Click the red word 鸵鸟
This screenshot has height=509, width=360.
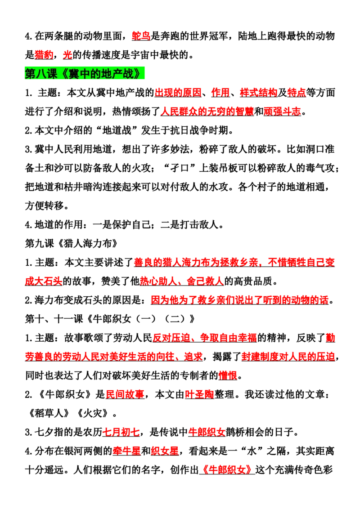point(141,36)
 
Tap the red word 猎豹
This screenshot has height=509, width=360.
point(44,55)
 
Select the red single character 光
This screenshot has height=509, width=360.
point(67,55)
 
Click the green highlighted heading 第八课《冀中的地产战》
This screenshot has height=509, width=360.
point(85,74)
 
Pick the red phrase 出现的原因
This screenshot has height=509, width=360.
point(178,93)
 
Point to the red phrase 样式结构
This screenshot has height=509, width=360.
point(259,93)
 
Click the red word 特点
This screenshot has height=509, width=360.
point(297,93)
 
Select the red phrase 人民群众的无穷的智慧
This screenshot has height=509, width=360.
point(207,112)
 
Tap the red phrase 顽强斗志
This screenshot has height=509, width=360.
point(282,112)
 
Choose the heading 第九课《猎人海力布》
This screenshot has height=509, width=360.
point(72,243)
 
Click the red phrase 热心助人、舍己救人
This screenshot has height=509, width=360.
point(182,281)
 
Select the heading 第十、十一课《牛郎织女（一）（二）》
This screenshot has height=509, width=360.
point(110,319)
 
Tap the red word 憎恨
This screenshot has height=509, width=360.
point(228,375)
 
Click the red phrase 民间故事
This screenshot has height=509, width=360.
point(125,394)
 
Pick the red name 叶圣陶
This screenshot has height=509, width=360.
point(199,394)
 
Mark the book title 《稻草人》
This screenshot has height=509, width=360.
point(49,413)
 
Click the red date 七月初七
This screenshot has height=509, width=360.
point(121,432)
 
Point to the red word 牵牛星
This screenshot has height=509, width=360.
point(127,451)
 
